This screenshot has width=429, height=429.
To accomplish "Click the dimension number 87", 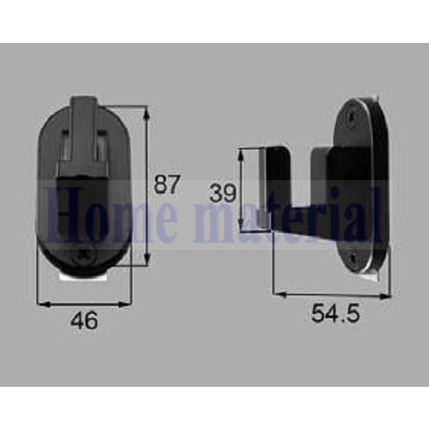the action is pyautogui.click(x=167, y=184).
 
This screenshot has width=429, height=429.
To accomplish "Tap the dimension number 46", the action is pyautogui.click(x=84, y=320).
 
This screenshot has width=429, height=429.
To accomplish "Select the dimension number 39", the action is pyautogui.click(x=222, y=192).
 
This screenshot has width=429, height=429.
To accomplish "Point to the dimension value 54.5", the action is pyautogui.click(x=335, y=313).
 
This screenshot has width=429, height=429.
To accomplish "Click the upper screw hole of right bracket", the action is pyautogui.click(x=350, y=117).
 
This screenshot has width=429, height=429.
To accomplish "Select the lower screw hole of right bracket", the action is pyautogui.click(x=354, y=257).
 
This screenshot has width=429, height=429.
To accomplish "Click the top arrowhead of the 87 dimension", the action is pyautogui.click(x=147, y=112).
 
